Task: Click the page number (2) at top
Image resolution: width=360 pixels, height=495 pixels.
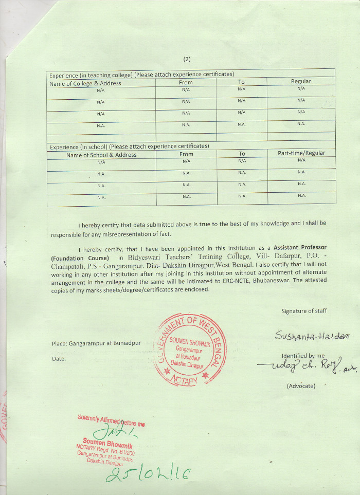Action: click(x=187, y=59)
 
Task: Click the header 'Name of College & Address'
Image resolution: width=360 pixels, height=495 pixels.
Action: click(x=85, y=83)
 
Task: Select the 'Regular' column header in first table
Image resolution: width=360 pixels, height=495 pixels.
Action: click(x=301, y=81)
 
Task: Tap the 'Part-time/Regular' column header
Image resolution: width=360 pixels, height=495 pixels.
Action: click(x=301, y=153)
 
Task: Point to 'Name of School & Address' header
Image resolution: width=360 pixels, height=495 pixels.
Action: click(x=101, y=154)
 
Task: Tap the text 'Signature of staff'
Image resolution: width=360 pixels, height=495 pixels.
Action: click(x=304, y=310)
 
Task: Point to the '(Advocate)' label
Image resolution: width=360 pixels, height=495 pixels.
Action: click(x=301, y=386)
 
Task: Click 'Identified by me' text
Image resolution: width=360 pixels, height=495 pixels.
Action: click(x=303, y=355)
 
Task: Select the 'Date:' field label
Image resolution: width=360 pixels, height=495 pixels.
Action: click(x=59, y=358)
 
